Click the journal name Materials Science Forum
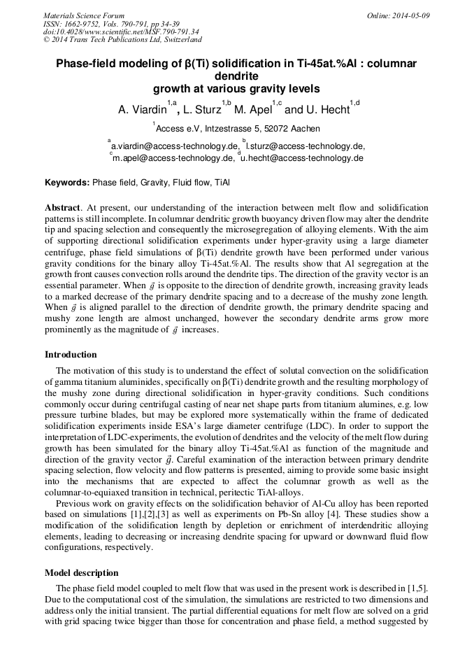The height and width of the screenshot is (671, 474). [84, 15]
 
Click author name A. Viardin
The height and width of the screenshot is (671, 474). [143, 110]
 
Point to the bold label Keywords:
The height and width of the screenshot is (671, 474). [67, 183]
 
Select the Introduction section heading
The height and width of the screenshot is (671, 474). [71, 355]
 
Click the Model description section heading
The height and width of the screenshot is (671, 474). [81, 573]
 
